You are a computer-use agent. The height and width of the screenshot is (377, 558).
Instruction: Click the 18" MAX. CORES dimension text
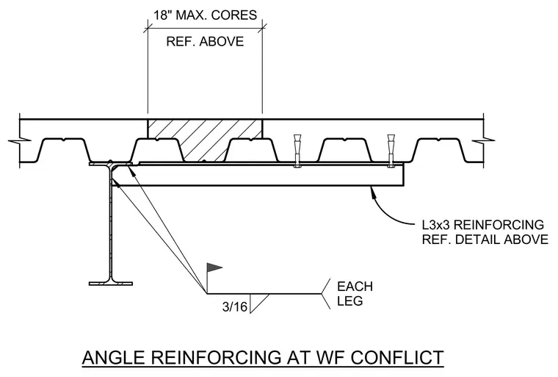[x=205, y=15]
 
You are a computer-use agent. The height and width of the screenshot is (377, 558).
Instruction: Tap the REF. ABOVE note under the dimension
[x=205, y=41]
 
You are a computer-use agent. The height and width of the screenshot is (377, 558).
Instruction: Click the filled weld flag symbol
[x=214, y=268]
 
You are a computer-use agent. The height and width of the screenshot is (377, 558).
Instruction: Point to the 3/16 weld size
[x=234, y=306]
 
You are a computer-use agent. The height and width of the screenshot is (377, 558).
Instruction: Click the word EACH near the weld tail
[x=355, y=287]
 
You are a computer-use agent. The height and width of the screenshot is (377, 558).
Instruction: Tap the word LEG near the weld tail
[x=349, y=301]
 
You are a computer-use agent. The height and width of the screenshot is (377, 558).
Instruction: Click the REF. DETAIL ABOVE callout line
[x=485, y=240]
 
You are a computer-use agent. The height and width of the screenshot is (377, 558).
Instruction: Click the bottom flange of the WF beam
[x=111, y=284]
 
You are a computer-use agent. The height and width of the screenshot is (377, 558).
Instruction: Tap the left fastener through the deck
[x=297, y=151]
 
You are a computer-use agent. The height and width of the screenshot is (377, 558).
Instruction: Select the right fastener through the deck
[x=391, y=151]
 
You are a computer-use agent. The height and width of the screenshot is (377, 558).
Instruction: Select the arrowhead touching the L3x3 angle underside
[x=373, y=192]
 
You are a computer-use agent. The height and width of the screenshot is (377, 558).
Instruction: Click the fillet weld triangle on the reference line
[x=259, y=304]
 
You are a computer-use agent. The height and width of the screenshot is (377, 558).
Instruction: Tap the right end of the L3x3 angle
[x=404, y=175]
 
